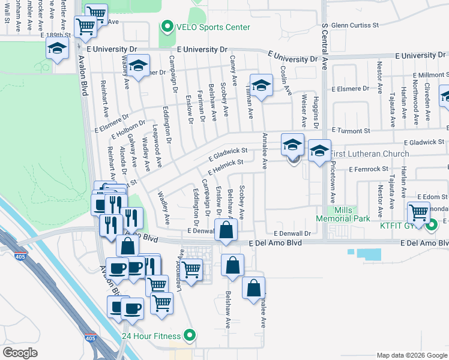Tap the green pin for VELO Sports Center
[x=167, y=27]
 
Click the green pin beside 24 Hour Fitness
[x=190, y=335]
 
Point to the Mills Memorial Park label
[x=344, y=214]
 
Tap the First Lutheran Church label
[x=369, y=154]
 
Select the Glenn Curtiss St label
[x=355, y=25]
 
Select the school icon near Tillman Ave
[x=262, y=85]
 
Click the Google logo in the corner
[x=20, y=353]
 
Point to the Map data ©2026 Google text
[x=411, y=355]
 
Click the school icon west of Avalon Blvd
[x=56, y=49]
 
